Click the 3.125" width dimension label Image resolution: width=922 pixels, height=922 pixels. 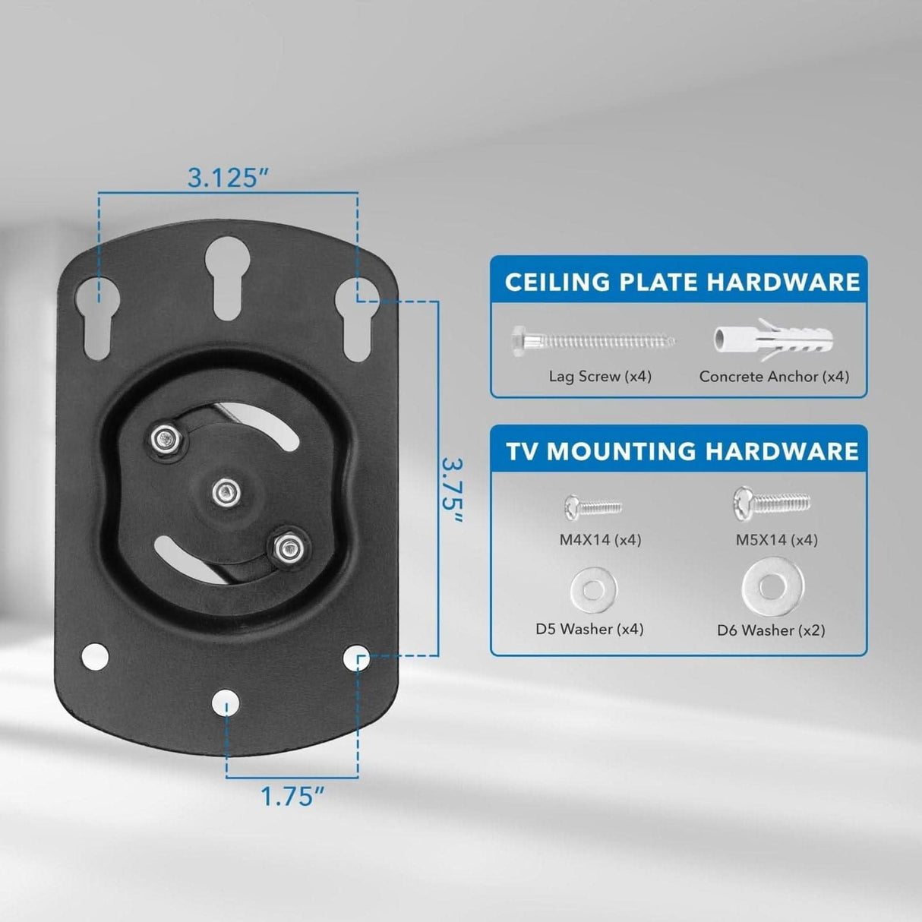[229, 178]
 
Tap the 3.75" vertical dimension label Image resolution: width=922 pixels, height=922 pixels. [453, 490]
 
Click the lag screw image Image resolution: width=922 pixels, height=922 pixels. [593, 341]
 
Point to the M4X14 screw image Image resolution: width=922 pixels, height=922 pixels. [593, 506]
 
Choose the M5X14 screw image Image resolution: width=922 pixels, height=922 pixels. [772, 502]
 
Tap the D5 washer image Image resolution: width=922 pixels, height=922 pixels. [593, 588]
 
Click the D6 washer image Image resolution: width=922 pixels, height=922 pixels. [772, 586]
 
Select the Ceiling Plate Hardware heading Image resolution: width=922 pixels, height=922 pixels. [681, 282]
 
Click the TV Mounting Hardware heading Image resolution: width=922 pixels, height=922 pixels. [682, 451]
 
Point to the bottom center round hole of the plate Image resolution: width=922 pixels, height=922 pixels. [226, 704]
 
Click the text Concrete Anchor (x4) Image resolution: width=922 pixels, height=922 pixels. [774, 377]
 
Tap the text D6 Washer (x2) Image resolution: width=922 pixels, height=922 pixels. [771, 630]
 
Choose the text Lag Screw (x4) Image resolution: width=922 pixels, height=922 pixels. [600, 377]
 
